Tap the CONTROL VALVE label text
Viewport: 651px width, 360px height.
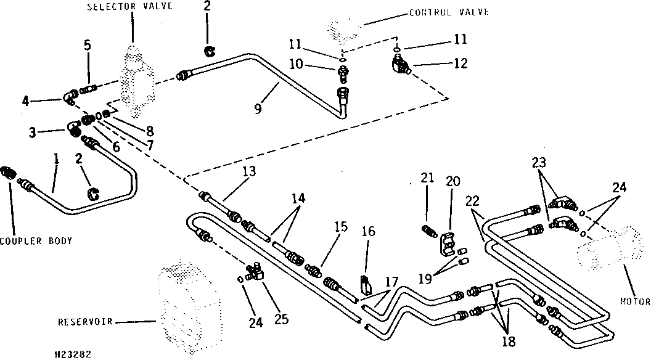(449, 12)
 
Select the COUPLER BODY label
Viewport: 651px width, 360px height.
(36, 241)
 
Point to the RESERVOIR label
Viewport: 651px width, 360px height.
(85, 322)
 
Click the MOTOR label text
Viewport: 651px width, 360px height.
(635, 302)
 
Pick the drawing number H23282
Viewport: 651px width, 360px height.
(73, 354)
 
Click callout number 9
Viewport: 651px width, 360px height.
(258, 109)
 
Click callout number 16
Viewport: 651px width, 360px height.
(368, 231)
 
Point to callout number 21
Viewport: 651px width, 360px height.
(427, 178)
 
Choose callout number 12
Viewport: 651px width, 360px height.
(460, 63)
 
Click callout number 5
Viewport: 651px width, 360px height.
(87, 45)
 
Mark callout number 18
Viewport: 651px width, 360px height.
(509, 342)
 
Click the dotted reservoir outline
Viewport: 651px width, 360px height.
(187, 305)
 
